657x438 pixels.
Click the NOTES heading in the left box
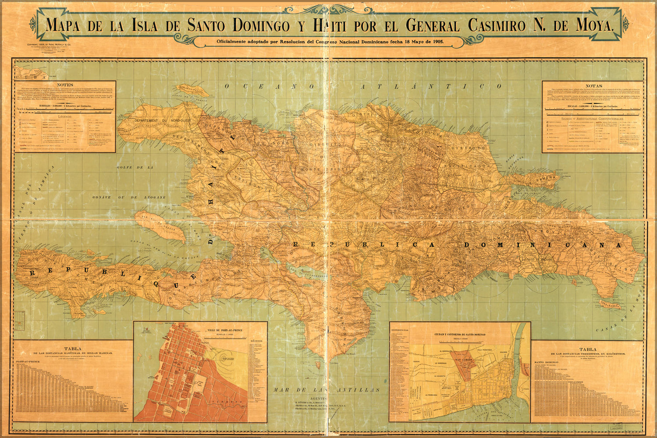tap(65, 85)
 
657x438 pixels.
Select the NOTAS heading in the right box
tap(594, 86)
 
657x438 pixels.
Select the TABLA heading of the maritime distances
tap(73, 349)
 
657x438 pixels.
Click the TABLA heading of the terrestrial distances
tap(587, 350)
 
